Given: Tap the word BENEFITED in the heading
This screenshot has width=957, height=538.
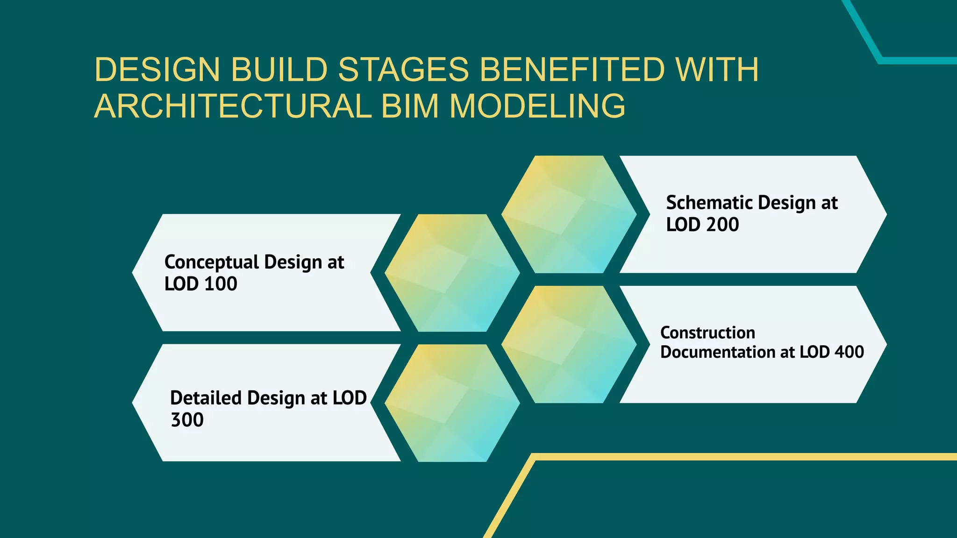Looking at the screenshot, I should coord(572,70).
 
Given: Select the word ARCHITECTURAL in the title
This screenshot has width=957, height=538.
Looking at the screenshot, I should coord(233,106).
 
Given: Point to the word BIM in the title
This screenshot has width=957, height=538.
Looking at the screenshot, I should coord(410,106).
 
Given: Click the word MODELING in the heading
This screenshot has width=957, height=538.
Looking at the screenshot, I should coord(537,106).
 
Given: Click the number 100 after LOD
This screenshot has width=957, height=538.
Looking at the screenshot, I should coord(221,284).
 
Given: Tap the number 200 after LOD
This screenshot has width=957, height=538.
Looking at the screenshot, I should coord(722,225).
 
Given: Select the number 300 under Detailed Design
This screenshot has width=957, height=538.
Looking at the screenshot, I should coord(187,420).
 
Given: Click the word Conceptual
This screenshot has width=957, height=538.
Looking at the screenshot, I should coord(212,262).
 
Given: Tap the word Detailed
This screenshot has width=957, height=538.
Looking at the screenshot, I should coord(206,398).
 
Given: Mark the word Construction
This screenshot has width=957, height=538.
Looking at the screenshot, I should coord(707,333).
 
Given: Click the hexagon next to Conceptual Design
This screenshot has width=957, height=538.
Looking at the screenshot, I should coord(452,273).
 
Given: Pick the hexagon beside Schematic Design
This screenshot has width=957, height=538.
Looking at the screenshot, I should coord(569,214).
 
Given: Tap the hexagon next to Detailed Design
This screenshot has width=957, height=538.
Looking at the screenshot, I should coord(452,403).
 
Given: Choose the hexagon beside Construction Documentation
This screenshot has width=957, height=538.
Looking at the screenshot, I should coord(569,344).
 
